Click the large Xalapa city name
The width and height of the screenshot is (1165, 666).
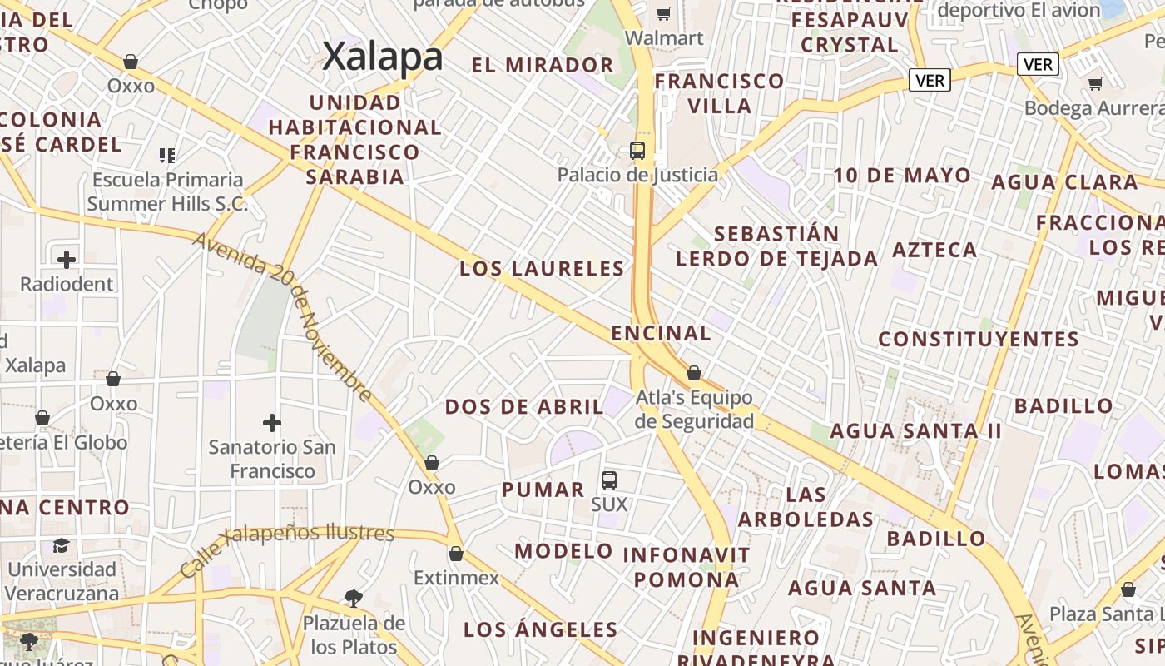pyautogui.click(x=382, y=57)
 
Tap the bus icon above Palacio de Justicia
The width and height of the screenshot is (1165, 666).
pyautogui.click(x=637, y=151)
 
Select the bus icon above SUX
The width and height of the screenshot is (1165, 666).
pyautogui.click(x=609, y=480)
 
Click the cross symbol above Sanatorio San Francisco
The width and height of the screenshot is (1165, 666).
pyautogui.click(x=271, y=423)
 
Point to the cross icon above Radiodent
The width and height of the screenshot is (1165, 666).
pyautogui.click(x=67, y=259)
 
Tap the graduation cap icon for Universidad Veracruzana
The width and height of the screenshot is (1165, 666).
pyautogui.click(x=62, y=545)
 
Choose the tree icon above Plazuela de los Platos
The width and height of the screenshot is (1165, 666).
pyautogui.click(x=354, y=598)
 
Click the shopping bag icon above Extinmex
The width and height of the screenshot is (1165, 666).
pyautogui.click(x=456, y=554)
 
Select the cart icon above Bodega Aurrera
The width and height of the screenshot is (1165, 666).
pyautogui.click(x=1096, y=83)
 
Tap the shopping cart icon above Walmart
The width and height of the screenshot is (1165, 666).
pyautogui.click(x=664, y=13)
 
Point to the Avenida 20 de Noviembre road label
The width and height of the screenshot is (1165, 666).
pyautogui.click(x=283, y=316)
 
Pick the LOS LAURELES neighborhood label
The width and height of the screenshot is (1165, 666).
pyautogui.click(x=542, y=269)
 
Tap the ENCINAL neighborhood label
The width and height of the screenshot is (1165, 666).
pyautogui.click(x=661, y=333)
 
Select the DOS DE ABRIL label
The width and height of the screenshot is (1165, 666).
pyautogui.click(x=524, y=406)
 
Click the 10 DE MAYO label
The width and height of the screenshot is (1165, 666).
pyautogui.click(x=902, y=176)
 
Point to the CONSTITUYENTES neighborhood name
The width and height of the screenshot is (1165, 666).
pyautogui.click(x=979, y=339)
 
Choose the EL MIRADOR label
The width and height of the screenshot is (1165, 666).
pyautogui.click(x=543, y=65)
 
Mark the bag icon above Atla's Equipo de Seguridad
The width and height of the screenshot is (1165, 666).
pyautogui.click(x=694, y=373)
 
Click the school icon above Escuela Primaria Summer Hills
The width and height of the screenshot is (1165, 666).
pyautogui.click(x=166, y=155)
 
